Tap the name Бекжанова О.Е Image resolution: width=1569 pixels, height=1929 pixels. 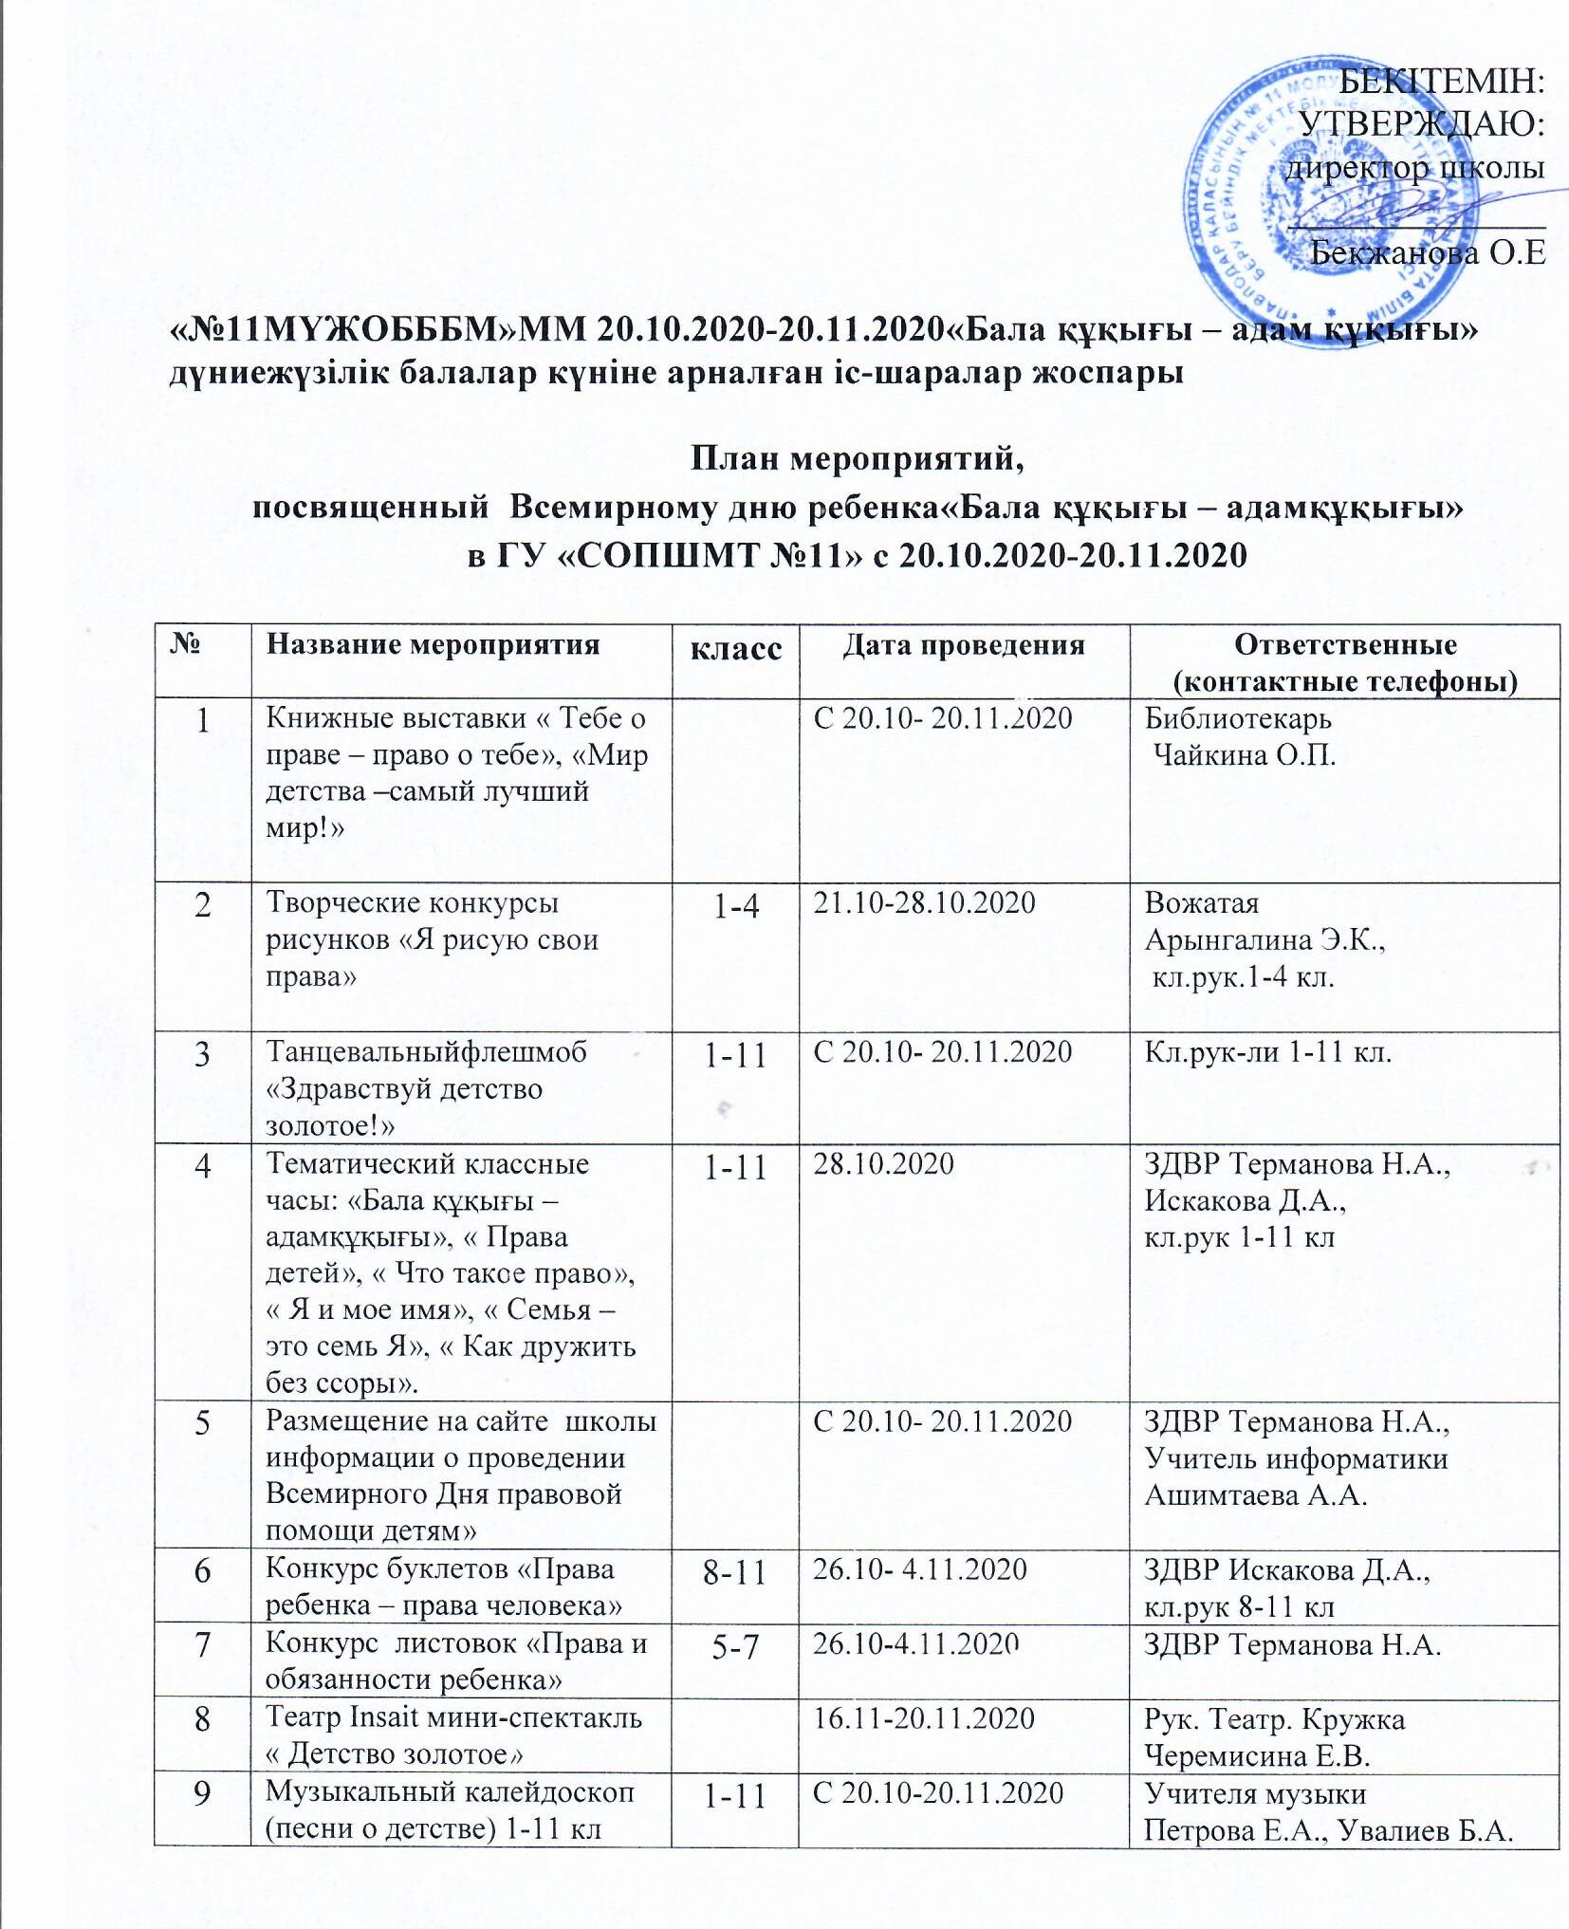pyautogui.click(x=1428, y=252)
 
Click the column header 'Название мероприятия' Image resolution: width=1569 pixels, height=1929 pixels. pyautogui.click(x=433, y=644)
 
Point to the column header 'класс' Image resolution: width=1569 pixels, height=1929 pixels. pyautogui.click(x=735, y=648)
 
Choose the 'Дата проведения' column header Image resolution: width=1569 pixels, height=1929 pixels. pyautogui.click(x=964, y=644)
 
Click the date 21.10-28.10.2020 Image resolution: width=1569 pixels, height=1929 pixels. pyautogui.click(x=924, y=901)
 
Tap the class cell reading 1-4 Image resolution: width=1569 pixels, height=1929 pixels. pyautogui.click(x=735, y=905)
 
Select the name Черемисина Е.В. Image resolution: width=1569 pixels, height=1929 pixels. pyautogui.click(x=1258, y=1754)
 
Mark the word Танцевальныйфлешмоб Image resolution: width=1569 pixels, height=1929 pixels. pyautogui.click(x=426, y=1051)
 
